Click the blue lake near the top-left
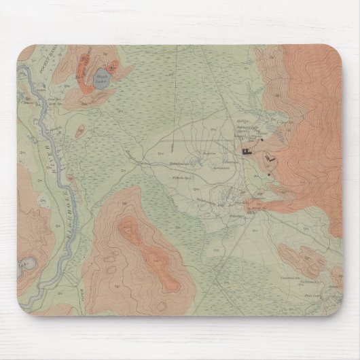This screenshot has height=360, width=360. pos(98,78)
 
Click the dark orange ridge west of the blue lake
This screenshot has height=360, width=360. pos(81,68)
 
